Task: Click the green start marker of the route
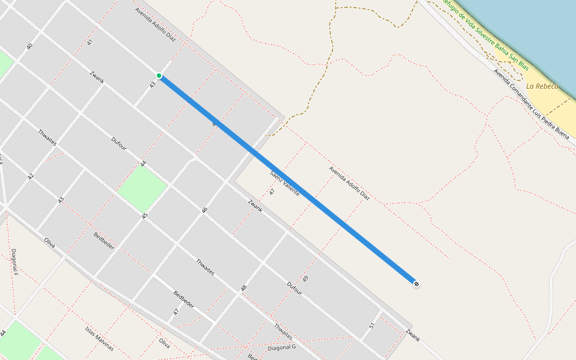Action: (159, 76)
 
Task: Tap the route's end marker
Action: (416, 283)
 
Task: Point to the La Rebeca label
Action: (542, 86)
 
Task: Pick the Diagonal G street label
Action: (282, 347)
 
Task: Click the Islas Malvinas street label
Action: (98, 339)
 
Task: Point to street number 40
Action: (29, 46)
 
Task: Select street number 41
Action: (90, 42)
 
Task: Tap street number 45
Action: (144, 215)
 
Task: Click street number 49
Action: (305, 279)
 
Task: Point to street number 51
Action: (372, 326)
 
